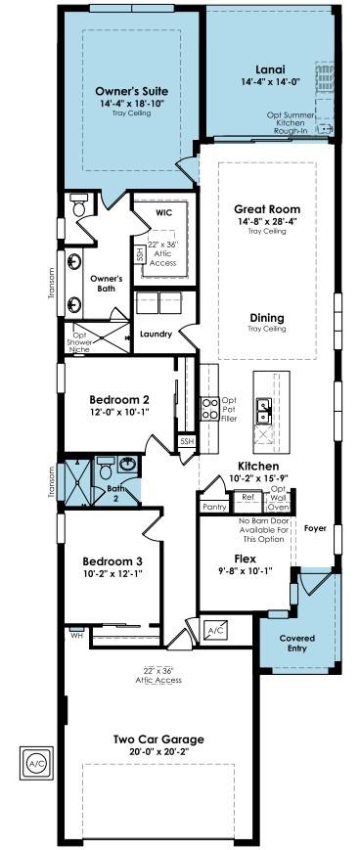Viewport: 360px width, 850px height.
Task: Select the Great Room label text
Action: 266,209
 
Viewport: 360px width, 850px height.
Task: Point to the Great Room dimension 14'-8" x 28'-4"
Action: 266,222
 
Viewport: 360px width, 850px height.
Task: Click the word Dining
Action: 266,318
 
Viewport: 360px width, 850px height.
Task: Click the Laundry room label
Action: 157,335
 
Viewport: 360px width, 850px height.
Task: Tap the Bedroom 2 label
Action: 119,399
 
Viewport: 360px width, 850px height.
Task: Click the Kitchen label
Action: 258,467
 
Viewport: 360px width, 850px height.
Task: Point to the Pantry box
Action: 214,507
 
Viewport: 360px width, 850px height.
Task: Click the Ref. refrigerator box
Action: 247,497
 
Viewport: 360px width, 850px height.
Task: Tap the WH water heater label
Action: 76,636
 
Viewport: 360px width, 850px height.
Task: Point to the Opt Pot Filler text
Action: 229,409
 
